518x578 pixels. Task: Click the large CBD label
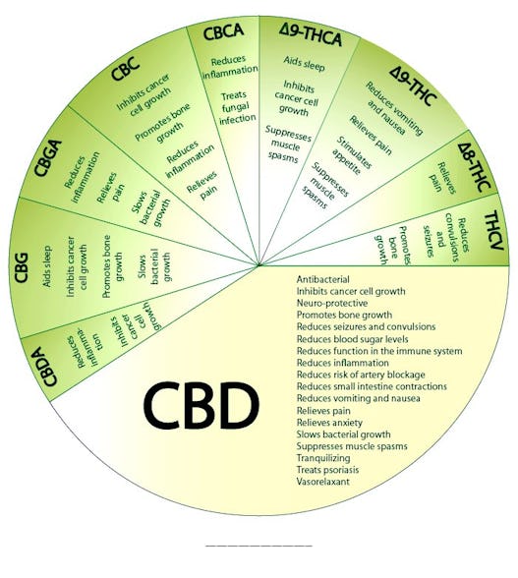click(201, 405)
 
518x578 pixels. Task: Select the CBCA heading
click(223, 31)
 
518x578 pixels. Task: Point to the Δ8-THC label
click(475, 168)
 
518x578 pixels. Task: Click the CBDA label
click(47, 367)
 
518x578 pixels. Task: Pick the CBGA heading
click(48, 158)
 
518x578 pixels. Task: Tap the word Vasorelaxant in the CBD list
click(323, 482)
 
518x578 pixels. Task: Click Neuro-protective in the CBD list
click(332, 303)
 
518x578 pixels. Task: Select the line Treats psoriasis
click(327, 470)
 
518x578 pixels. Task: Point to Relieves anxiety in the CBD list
click(329, 422)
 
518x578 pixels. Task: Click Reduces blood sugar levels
click(353, 339)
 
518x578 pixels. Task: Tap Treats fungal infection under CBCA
click(236, 107)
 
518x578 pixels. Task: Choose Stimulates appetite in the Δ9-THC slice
click(352, 155)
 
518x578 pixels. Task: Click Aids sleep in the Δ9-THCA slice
click(304, 63)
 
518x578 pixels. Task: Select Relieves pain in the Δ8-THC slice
click(442, 178)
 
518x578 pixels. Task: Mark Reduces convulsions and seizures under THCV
click(446, 238)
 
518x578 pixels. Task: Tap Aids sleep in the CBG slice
click(47, 266)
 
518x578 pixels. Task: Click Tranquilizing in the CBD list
click(323, 458)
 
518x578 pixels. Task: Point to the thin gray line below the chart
click(259, 546)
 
